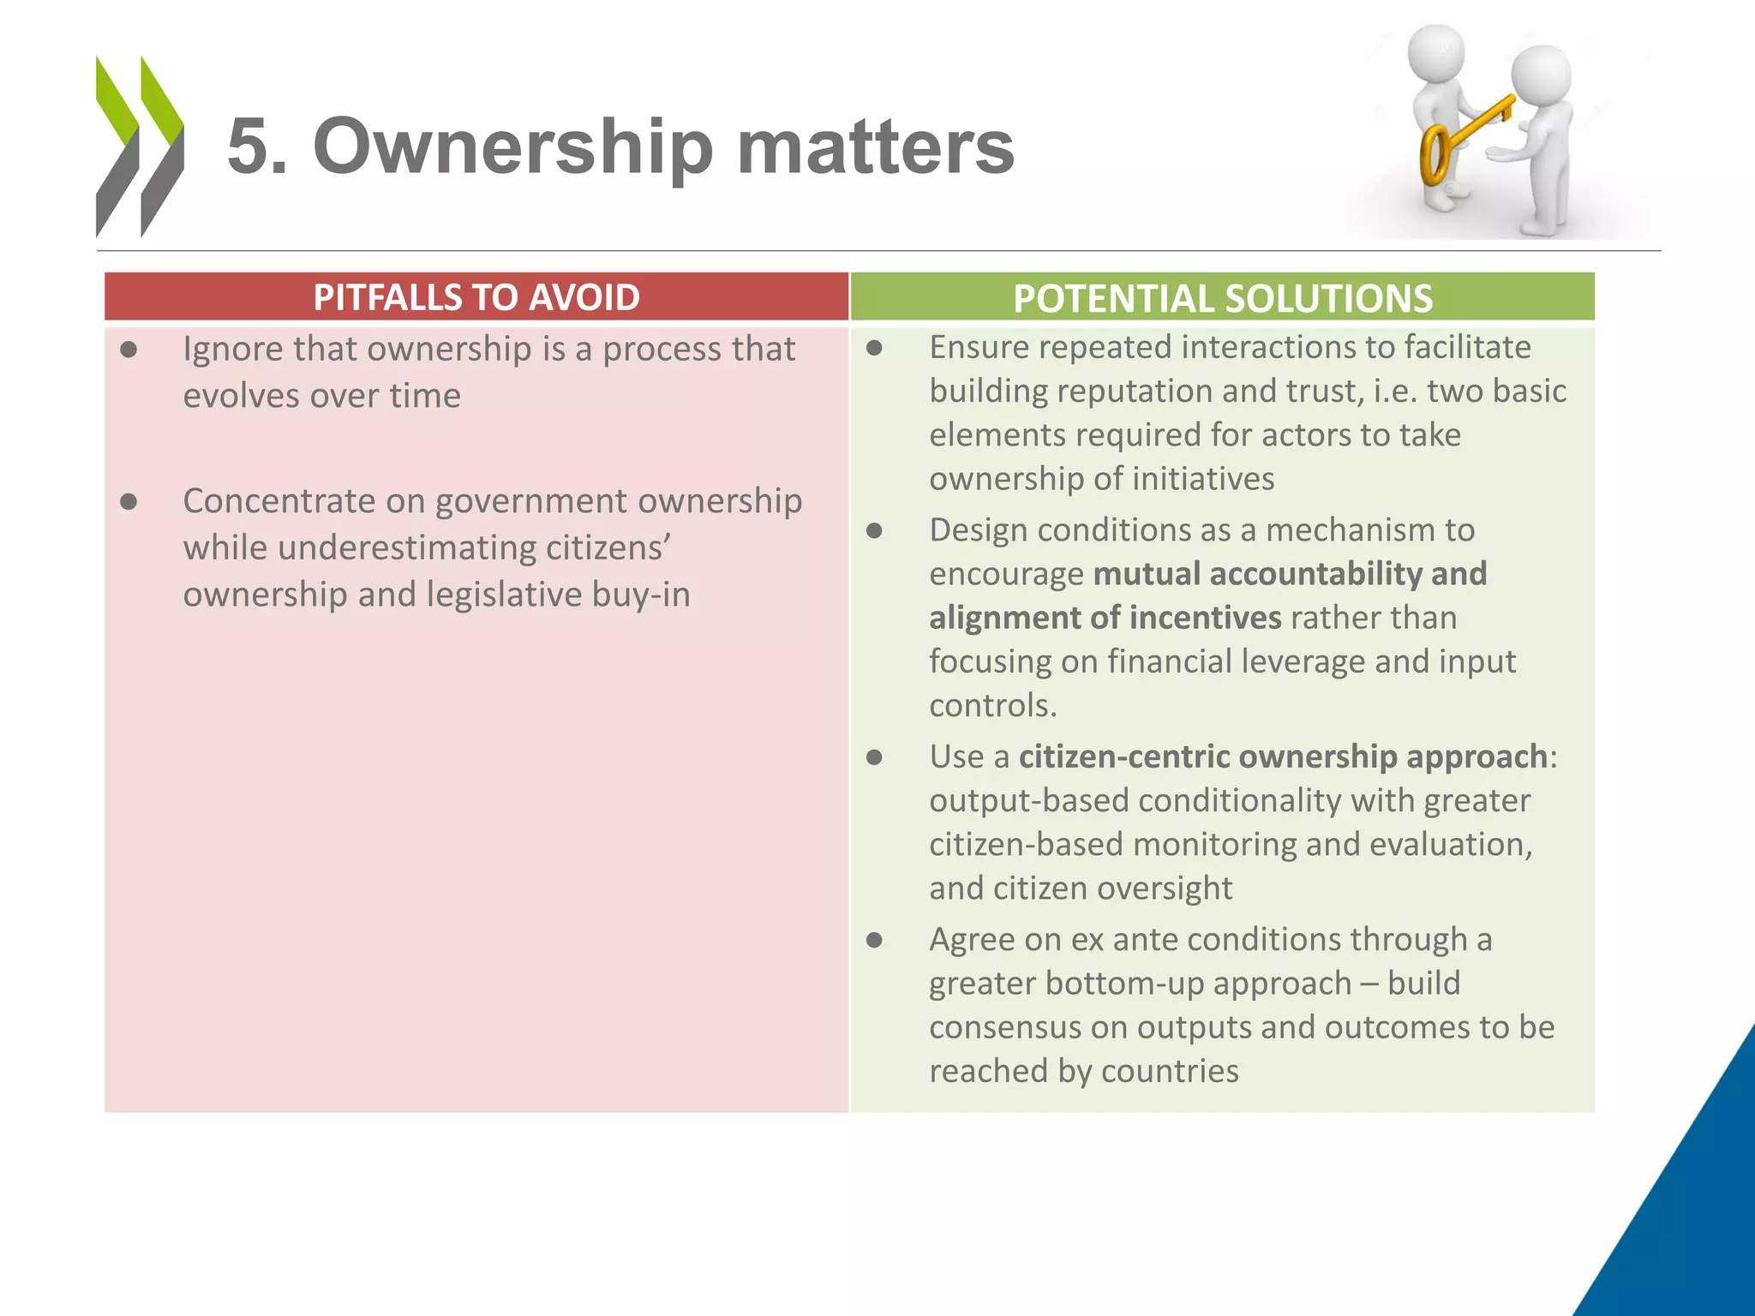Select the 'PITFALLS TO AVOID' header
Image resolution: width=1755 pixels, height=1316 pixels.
click(x=476, y=297)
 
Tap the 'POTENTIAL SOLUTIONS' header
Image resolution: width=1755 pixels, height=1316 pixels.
click(x=1222, y=298)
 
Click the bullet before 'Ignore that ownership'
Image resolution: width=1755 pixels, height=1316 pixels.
click(x=129, y=350)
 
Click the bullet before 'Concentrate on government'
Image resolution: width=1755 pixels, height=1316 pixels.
click(x=129, y=501)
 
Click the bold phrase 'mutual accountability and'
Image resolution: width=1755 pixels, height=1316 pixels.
click(x=1290, y=574)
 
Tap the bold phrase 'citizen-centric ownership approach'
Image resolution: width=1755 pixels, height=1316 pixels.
click(x=1283, y=757)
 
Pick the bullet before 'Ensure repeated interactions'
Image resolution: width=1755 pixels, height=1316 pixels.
click(x=874, y=348)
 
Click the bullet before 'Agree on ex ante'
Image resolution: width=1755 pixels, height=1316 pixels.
click(x=874, y=940)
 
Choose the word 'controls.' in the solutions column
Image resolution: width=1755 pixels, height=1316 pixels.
click(x=993, y=705)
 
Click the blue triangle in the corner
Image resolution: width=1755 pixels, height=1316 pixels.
click(x=1688, y=1217)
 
